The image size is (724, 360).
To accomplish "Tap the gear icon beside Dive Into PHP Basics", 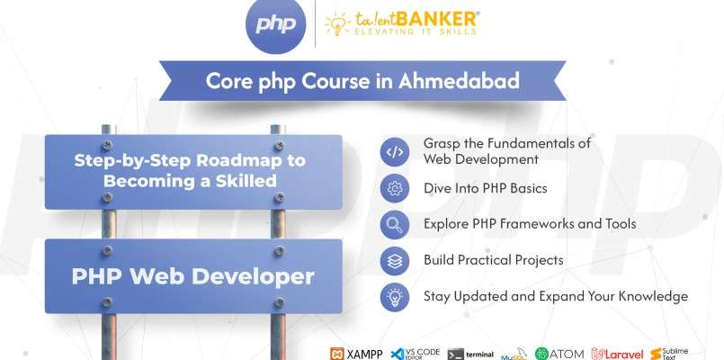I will coord(394,188).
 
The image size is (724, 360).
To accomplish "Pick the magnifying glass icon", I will coord(394,223).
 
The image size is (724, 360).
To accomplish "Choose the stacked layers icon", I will coord(394,259).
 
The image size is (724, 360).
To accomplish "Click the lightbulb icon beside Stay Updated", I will coord(394,295).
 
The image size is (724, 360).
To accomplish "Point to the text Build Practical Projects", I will coord(493,259).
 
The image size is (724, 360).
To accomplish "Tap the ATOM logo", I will coord(559,353).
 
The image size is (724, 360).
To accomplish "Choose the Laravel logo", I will coord(617,353).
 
